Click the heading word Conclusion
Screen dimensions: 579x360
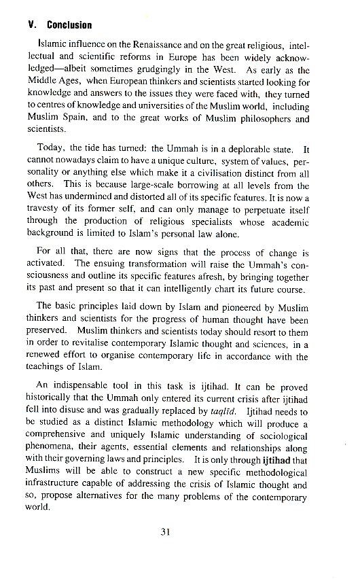pos(69,25)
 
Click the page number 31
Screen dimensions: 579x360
pos(164,532)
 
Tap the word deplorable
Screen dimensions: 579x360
pos(253,149)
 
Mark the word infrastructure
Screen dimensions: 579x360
pos(58,484)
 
